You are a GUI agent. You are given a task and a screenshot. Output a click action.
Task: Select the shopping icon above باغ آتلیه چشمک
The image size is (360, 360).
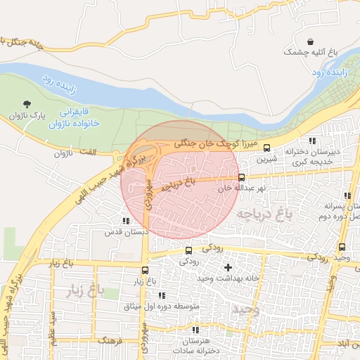click(311, 40)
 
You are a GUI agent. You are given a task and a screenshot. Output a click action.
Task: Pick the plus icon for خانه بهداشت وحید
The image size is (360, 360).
click(227, 267)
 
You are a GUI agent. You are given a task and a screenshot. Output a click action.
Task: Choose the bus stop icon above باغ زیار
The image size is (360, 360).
click(145, 270)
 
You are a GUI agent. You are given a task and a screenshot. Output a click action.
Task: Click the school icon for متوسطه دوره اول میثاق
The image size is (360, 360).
click(162, 295)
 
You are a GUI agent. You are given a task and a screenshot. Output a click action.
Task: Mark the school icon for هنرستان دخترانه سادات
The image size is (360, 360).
click(195, 329)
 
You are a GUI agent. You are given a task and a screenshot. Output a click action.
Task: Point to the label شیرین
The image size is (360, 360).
click(267, 160)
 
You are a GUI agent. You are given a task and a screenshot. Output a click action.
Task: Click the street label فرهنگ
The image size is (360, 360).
click(111, 340)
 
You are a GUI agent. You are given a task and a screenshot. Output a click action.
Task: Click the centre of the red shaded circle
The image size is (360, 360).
click(181, 179)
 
